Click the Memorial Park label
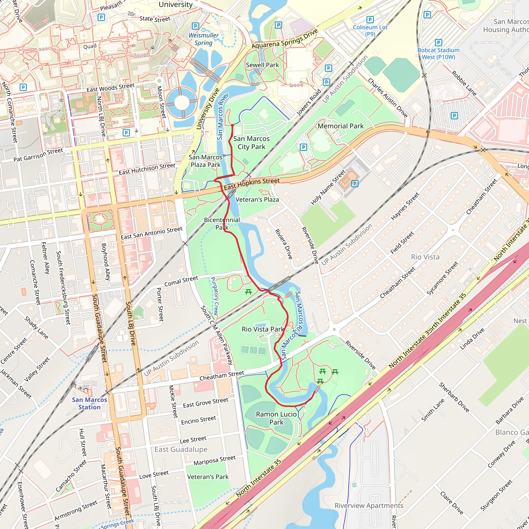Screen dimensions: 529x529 tap(340, 126)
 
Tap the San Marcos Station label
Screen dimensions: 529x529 tap(89, 403)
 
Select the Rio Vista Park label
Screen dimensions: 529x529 tap(263, 329)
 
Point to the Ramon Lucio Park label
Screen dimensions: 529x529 tap(276, 418)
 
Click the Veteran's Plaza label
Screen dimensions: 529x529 tap(257, 200)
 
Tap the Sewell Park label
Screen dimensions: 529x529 tap(262, 65)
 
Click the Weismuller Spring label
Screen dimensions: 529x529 tap(204, 39)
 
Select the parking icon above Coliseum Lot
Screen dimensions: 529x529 tap(370, 19)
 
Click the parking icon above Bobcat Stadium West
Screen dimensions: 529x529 tap(438, 42)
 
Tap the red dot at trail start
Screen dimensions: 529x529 tap(232, 125)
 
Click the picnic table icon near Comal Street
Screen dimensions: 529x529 tap(248, 292)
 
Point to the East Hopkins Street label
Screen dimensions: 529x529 tap(252, 184)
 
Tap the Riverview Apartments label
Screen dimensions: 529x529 tap(369, 505)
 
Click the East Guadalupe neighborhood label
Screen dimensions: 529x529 tap(181, 449)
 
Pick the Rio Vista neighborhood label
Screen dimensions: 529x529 tap(425, 257)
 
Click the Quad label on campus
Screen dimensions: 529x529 tap(90, 46)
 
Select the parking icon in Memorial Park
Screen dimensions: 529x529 tap(303, 147)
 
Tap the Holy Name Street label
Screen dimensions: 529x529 tap(328, 188)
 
